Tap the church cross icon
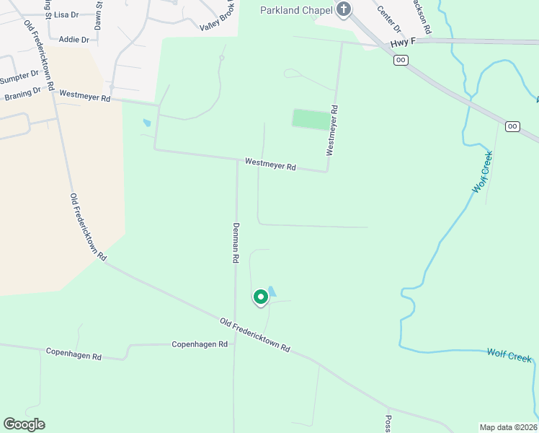tap(344, 9)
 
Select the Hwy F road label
tap(404, 43)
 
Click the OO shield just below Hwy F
tap(401, 59)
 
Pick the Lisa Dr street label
tap(66, 14)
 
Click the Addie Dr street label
tap(73, 40)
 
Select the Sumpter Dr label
tap(19, 76)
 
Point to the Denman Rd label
tap(235, 241)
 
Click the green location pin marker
tap(260, 297)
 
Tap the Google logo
tap(24, 424)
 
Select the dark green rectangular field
tap(309, 120)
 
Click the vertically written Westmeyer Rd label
tap(332, 131)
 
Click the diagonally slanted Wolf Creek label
tap(482, 172)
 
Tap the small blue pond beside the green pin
tap(272, 292)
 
